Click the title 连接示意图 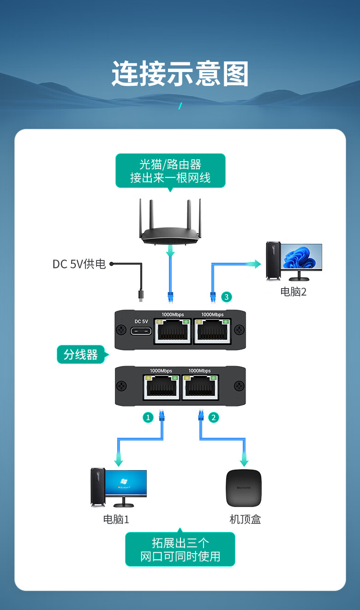point(180,74)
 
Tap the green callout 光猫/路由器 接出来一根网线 point(170,170)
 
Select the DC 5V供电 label point(79,264)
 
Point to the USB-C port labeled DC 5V point(141,331)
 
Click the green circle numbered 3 point(226,297)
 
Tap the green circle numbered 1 point(148,417)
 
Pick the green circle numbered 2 point(213,417)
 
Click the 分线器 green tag point(81,355)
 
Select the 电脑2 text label point(294,292)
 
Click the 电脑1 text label point(116,519)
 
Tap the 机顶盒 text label point(245,519)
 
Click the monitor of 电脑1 point(126,483)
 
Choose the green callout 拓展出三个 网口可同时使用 point(180,549)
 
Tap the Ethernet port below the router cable point(173,331)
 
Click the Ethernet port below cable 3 point(212,331)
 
